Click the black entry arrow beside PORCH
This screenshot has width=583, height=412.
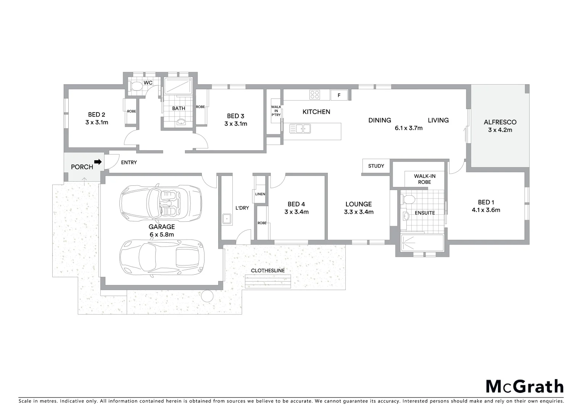coord(98,162)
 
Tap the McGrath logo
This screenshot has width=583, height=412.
coord(524,386)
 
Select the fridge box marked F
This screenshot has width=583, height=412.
coord(339,95)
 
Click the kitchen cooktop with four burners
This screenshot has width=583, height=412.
coord(315,94)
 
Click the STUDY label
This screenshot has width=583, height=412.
coord(376,166)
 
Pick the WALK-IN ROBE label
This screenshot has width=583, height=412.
coord(424,179)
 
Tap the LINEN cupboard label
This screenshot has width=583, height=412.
coord(260,194)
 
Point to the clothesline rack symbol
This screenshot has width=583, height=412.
coord(268,282)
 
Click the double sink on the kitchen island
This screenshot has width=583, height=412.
coord(300,129)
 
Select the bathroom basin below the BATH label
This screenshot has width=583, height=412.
coord(181,122)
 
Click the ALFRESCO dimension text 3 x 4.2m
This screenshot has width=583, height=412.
coord(500,130)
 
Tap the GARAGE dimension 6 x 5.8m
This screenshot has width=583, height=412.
coord(161,235)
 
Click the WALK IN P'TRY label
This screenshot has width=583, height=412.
coord(275,111)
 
